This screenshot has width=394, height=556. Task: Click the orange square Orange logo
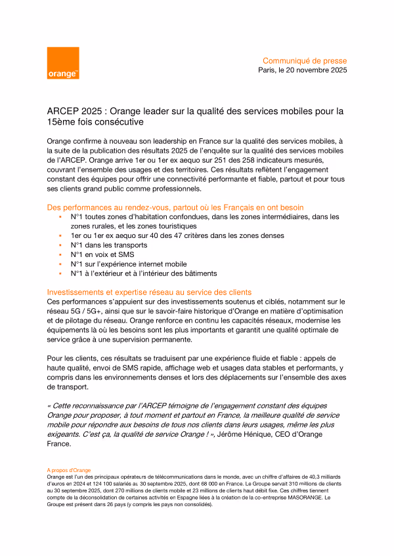(63, 63)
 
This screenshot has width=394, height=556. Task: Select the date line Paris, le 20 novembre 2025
(303, 69)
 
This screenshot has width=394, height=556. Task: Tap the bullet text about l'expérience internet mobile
(129, 264)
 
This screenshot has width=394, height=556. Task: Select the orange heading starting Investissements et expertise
(150, 292)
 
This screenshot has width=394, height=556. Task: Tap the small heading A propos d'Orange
(68, 470)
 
